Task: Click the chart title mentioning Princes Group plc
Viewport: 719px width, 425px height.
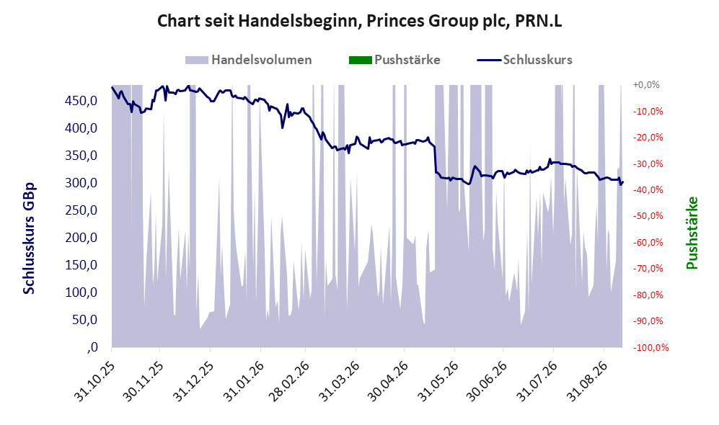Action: pyautogui.click(x=359, y=21)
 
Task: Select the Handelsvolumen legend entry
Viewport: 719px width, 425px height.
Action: pyautogui.click(x=249, y=60)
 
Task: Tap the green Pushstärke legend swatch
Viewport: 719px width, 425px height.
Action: pyautogui.click(x=361, y=60)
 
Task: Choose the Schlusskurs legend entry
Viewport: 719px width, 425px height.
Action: pyautogui.click(x=524, y=60)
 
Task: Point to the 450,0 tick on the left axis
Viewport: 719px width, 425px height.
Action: pyautogui.click(x=81, y=101)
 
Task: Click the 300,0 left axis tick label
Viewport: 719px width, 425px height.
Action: pyautogui.click(x=81, y=183)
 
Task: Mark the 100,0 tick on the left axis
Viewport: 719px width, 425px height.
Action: pyautogui.click(x=81, y=292)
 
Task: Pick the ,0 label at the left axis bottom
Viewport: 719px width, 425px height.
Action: pyautogui.click(x=92, y=347)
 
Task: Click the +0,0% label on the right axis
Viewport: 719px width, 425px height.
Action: pyautogui.click(x=646, y=85)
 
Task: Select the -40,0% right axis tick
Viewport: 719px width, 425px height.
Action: pyautogui.click(x=648, y=189)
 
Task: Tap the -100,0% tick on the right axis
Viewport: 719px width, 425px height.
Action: pyautogui.click(x=651, y=348)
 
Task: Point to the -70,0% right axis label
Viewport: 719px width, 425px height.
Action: pyautogui.click(x=648, y=269)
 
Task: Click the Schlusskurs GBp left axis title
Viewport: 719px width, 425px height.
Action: pyautogui.click(x=29, y=238)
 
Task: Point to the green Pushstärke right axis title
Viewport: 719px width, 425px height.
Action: pyautogui.click(x=692, y=233)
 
